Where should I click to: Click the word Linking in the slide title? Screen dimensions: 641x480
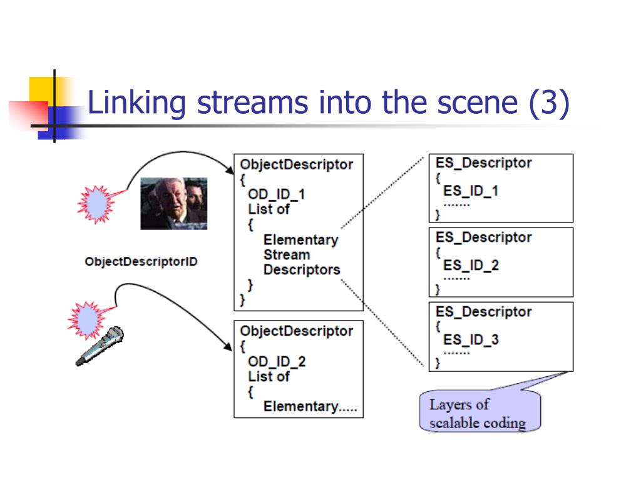[x=137, y=103]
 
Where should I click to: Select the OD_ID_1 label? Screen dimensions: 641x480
[x=276, y=194]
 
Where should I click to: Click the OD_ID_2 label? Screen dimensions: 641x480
[x=276, y=362]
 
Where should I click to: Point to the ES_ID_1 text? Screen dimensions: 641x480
[x=471, y=191]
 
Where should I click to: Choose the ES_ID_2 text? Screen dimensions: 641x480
[x=471, y=265]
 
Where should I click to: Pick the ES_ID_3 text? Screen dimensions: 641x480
[x=471, y=339]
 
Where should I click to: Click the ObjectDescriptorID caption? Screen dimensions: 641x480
[x=141, y=262]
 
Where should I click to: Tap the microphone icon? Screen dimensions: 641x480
[x=100, y=346]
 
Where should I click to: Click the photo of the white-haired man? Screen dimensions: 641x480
[x=174, y=203]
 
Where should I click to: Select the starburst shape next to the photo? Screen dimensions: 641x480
[x=96, y=204]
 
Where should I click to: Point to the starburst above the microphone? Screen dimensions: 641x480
[x=86, y=321]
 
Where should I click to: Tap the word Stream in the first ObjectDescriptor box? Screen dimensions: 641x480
[x=287, y=255]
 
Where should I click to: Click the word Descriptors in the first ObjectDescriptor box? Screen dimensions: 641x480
[x=302, y=270]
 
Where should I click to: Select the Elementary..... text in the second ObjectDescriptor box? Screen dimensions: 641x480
[x=310, y=406]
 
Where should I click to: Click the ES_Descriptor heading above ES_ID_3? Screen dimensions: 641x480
[x=484, y=312]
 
